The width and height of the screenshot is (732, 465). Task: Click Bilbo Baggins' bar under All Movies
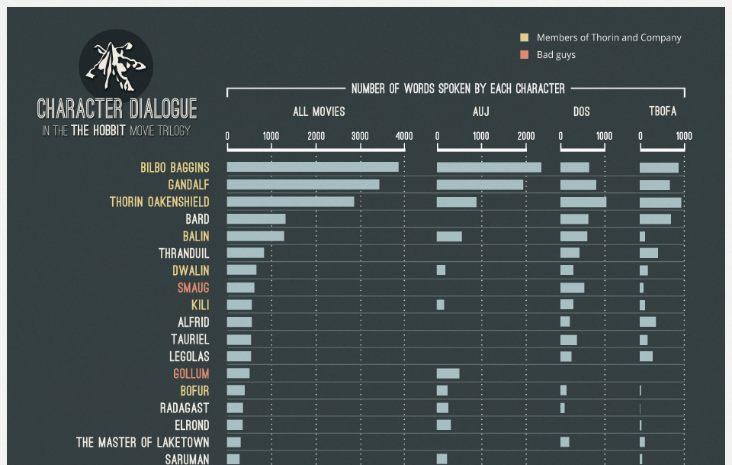click(313, 167)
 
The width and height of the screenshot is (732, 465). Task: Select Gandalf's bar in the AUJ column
click(480, 185)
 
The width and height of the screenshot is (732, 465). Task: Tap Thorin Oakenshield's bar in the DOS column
click(583, 202)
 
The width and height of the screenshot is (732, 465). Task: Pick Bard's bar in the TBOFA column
click(655, 219)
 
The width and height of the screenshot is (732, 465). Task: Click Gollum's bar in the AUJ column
click(448, 373)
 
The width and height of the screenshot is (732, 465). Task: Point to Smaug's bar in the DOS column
click(572, 288)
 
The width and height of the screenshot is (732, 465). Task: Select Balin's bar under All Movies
click(255, 236)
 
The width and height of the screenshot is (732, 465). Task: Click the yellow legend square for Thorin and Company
click(524, 37)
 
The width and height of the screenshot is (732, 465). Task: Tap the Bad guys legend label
click(556, 55)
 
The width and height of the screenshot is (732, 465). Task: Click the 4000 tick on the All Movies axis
click(404, 137)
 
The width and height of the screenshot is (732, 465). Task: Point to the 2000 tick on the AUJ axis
click(525, 137)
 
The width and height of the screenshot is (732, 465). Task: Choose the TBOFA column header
click(662, 112)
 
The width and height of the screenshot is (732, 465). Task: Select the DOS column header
click(582, 112)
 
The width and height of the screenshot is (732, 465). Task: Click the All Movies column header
click(319, 112)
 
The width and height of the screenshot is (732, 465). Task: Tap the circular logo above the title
click(116, 65)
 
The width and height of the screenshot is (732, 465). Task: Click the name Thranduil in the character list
click(184, 253)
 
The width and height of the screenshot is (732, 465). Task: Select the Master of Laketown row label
click(143, 442)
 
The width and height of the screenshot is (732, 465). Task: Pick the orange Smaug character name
click(193, 288)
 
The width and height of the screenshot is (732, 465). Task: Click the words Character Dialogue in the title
click(117, 108)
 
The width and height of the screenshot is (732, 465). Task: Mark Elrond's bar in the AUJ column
click(444, 425)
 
